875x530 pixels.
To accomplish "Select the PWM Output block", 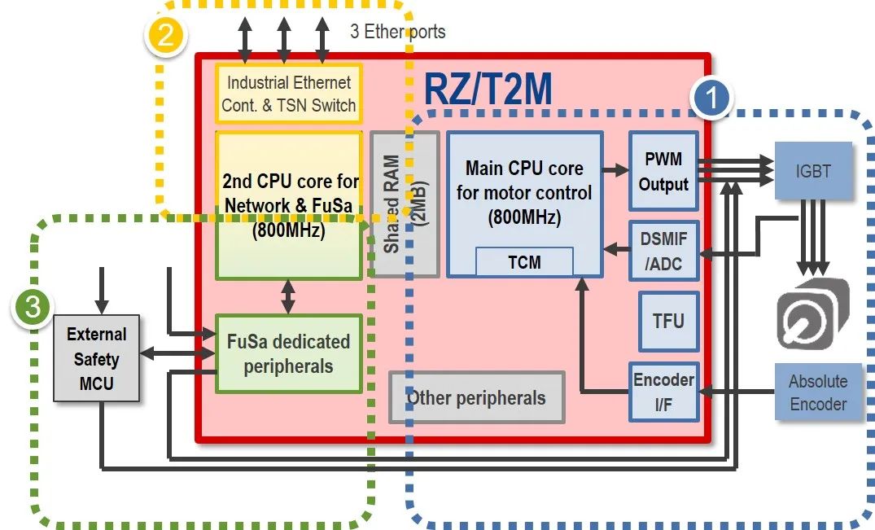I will pyautogui.click(x=663, y=172).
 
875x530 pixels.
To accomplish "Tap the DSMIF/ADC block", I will pyautogui.click(x=663, y=251).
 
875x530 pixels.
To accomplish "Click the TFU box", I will pyautogui.click(x=668, y=321).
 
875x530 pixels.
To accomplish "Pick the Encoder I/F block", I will pyautogui.click(x=663, y=392).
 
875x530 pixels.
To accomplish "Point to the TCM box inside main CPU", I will pyautogui.click(x=524, y=262).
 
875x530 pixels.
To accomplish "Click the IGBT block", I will pyautogui.click(x=813, y=172).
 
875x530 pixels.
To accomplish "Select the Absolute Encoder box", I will pyautogui.click(x=818, y=392).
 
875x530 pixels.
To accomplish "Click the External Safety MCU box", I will pyautogui.click(x=97, y=359).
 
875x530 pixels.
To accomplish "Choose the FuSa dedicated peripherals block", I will pyautogui.click(x=288, y=354).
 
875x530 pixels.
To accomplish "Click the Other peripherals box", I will pyautogui.click(x=476, y=397).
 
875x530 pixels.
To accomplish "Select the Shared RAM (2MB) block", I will pyautogui.click(x=405, y=204).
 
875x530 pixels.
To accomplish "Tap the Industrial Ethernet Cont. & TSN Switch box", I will pyautogui.click(x=289, y=94).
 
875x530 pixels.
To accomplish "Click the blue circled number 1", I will pyautogui.click(x=711, y=99).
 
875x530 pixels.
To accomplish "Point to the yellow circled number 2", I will pyautogui.click(x=165, y=36).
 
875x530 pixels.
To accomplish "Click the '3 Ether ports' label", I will pyautogui.click(x=397, y=32).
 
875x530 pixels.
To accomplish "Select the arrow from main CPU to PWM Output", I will pyautogui.click(x=615, y=171).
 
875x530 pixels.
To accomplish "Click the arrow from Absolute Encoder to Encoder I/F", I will pyautogui.click(x=737, y=392).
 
